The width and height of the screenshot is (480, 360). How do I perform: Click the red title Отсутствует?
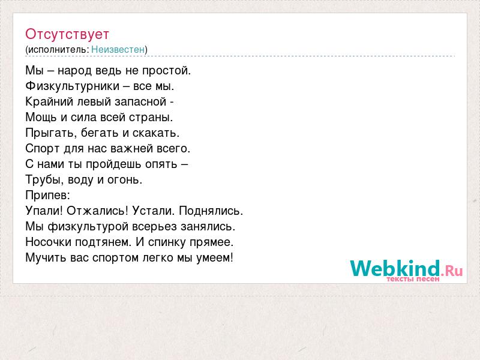click(67, 34)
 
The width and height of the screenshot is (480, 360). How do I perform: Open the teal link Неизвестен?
click(118, 49)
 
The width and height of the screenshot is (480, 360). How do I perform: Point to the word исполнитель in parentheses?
click(58, 50)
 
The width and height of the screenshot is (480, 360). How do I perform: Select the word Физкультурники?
click(72, 86)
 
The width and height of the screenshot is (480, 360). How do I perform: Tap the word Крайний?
click(49, 101)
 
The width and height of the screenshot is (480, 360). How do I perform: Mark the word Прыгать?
click(51, 133)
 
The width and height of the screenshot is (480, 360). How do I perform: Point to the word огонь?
click(125, 180)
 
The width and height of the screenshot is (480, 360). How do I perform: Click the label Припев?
click(48, 196)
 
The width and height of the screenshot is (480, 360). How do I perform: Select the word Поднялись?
click(211, 211)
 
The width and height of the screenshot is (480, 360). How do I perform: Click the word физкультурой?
click(88, 227)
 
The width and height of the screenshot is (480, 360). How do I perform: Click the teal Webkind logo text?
click(395, 268)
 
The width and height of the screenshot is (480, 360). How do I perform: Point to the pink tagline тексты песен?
click(413, 279)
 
